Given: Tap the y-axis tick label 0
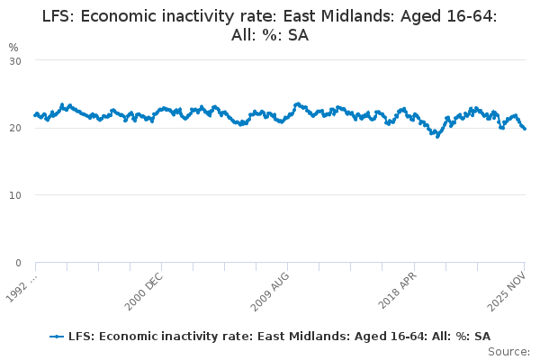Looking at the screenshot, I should pos(18,263).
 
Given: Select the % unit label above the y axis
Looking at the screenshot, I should pos(13,47).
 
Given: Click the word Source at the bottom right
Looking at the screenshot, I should pos(509,351).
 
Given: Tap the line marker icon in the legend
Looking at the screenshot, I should pos(58,336).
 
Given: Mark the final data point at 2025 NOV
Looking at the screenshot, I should pos(526,129).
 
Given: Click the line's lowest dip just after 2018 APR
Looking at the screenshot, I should pos(437,136).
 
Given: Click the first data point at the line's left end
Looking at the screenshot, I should pos(35,115).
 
